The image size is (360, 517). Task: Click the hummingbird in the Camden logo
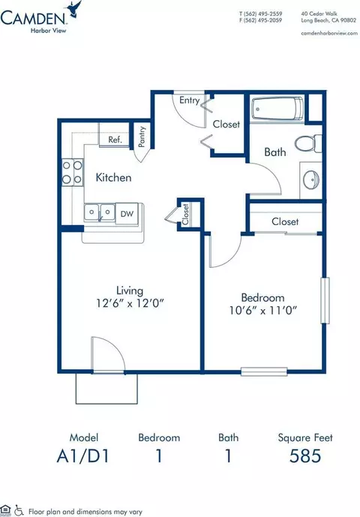[74, 9]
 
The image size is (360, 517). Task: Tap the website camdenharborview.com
[329, 33]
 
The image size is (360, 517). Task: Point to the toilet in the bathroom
[308, 143]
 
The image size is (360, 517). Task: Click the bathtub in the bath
[277, 108]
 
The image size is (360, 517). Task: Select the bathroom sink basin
[311, 179]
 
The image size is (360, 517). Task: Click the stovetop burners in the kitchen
[73, 172]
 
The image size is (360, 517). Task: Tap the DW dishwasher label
[127, 214]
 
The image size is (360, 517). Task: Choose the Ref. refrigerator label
[115, 140]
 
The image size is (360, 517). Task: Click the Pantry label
[142, 137]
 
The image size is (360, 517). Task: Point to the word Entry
[190, 101]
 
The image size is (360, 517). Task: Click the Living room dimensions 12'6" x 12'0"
[130, 302]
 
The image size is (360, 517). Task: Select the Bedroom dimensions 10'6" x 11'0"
[263, 310]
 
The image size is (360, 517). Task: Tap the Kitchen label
[113, 177]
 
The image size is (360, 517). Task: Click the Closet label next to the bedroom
[285, 221]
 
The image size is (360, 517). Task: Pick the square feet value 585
[305, 455]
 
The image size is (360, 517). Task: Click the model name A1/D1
[82, 456]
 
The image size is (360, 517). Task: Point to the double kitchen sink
[99, 212]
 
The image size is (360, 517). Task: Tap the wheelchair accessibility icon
[19, 511]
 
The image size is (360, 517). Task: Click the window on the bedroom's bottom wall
[264, 371]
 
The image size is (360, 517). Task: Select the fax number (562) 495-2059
[260, 20]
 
